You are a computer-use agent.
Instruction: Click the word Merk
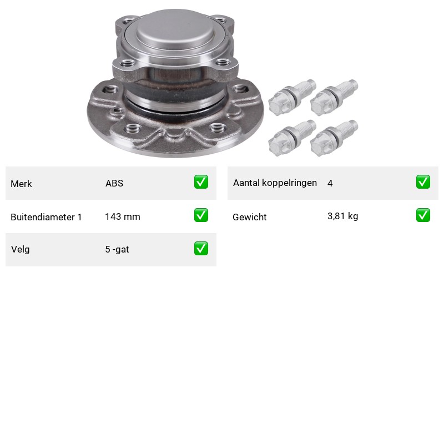pyautogui.click(x=21, y=184)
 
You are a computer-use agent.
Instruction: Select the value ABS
pyautogui.click(x=114, y=183)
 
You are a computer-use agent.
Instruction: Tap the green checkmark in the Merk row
pyautogui.click(x=201, y=182)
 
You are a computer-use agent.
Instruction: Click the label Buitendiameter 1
pyautogui.click(x=46, y=217)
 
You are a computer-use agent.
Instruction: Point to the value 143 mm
pyautogui.click(x=123, y=216)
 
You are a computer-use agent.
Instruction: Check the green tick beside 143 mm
pyautogui.click(x=201, y=215)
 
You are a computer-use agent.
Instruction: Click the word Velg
pyautogui.click(x=21, y=249)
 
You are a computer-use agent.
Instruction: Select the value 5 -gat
pyautogui.click(x=117, y=249)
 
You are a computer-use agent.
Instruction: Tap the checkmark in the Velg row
pyautogui.click(x=201, y=248)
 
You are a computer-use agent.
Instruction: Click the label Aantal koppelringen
pyautogui.click(x=275, y=183)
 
